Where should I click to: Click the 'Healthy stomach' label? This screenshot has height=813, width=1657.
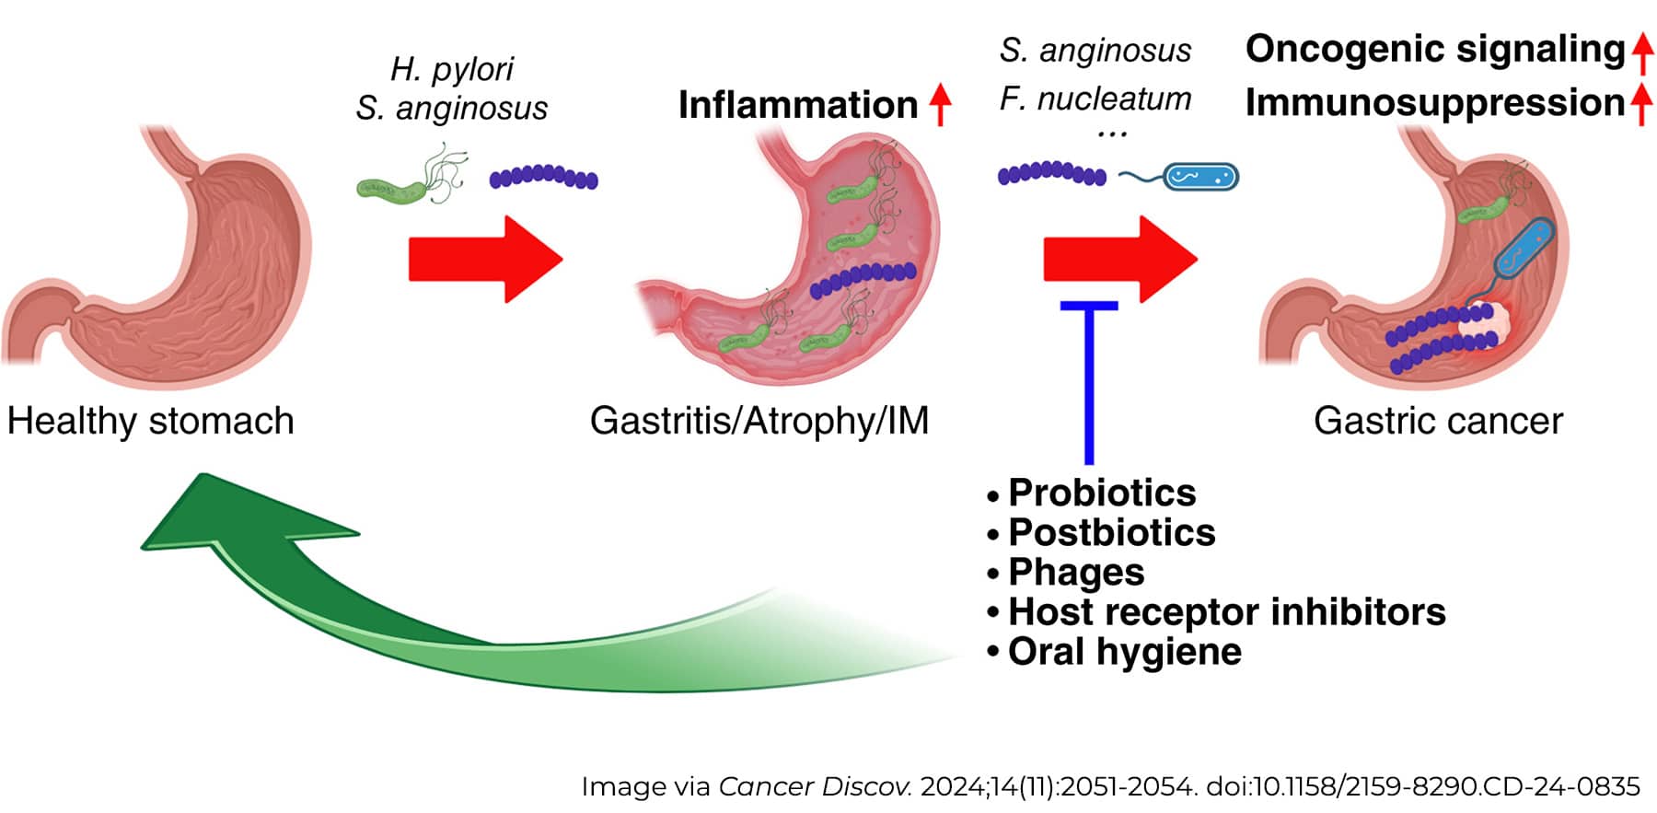pyautogui.click(x=150, y=421)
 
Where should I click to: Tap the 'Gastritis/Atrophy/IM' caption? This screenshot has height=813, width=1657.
pyautogui.click(x=759, y=421)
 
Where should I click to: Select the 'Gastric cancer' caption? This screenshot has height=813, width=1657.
pyautogui.click(x=1438, y=421)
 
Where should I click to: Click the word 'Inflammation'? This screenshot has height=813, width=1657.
pyautogui.click(x=798, y=105)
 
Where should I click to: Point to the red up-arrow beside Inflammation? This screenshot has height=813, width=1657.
pyautogui.click(x=939, y=104)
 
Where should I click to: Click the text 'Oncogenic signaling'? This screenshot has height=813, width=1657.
pyautogui.click(x=1435, y=49)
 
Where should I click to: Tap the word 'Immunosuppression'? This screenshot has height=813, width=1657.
pyautogui.click(x=1435, y=102)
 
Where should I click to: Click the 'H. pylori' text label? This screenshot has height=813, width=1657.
pyautogui.click(x=452, y=69)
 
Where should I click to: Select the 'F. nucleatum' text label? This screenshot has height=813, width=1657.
pyautogui.click(x=1095, y=99)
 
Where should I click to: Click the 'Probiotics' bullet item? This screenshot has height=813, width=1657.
pyautogui.click(x=1102, y=493)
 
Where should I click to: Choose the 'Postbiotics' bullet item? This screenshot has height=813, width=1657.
pyautogui.click(x=1111, y=532)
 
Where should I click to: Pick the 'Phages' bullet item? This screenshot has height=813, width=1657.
pyautogui.click(x=1076, y=572)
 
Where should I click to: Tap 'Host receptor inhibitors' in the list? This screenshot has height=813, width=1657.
pyautogui.click(x=1226, y=611)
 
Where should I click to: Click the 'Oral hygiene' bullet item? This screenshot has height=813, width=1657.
pyautogui.click(x=1124, y=651)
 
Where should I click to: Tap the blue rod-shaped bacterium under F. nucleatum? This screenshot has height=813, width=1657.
pyautogui.click(x=1200, y=176)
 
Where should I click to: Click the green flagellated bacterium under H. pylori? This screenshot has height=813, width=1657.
pyautogui.click(x=396, y=187)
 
